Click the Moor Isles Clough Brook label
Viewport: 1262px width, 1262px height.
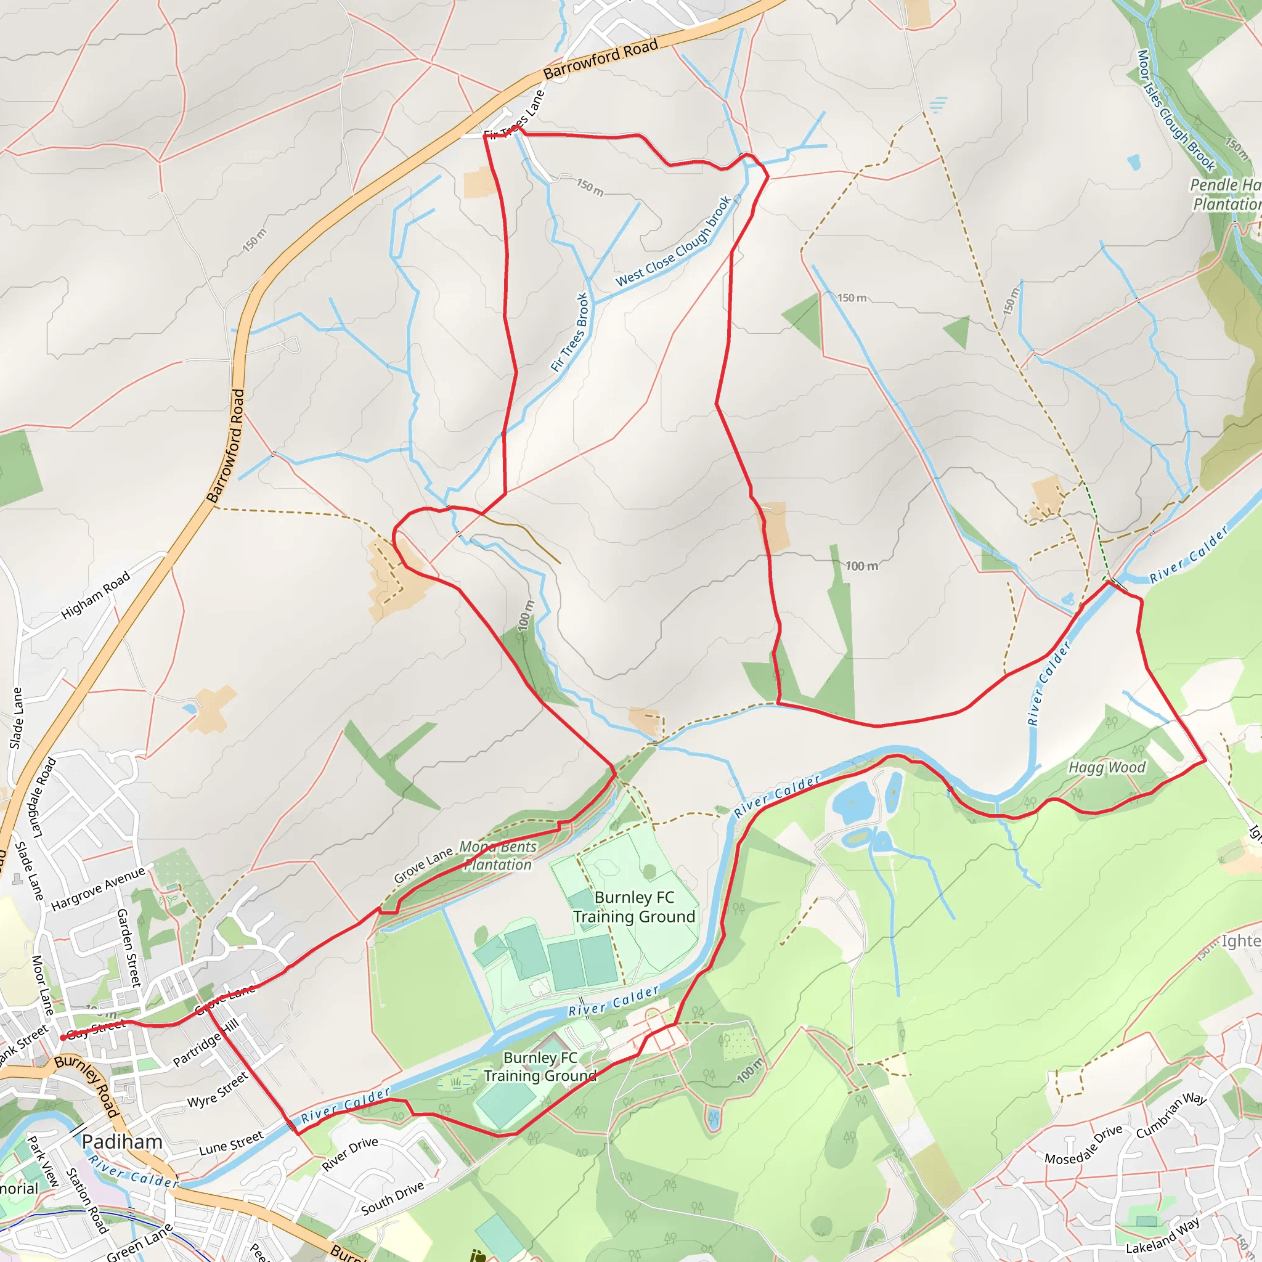click(1175, 110)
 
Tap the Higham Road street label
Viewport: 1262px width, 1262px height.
click(96, 595)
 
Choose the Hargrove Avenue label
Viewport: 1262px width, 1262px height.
click(98, 889)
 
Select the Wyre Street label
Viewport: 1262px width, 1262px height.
click(218, 1089)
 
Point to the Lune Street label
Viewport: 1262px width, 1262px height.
click(231, 1142)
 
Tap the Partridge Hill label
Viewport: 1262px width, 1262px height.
click(206, 1043)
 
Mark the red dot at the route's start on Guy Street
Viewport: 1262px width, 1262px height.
click(63, 1037)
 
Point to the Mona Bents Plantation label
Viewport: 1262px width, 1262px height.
click(498, 856)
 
